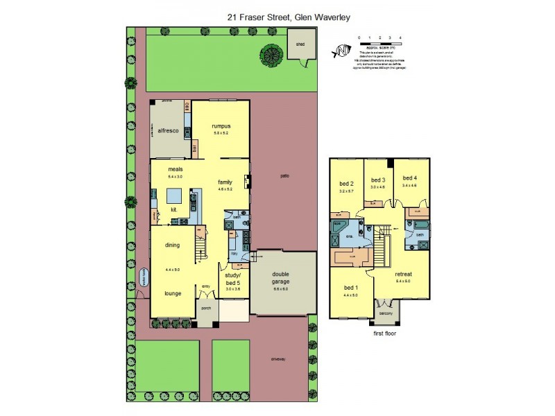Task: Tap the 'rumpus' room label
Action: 221,125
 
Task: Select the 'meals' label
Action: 175,168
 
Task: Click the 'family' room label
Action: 224,181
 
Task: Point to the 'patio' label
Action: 284,176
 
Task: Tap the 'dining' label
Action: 173,244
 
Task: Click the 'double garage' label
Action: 281,279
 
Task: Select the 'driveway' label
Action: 280,358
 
